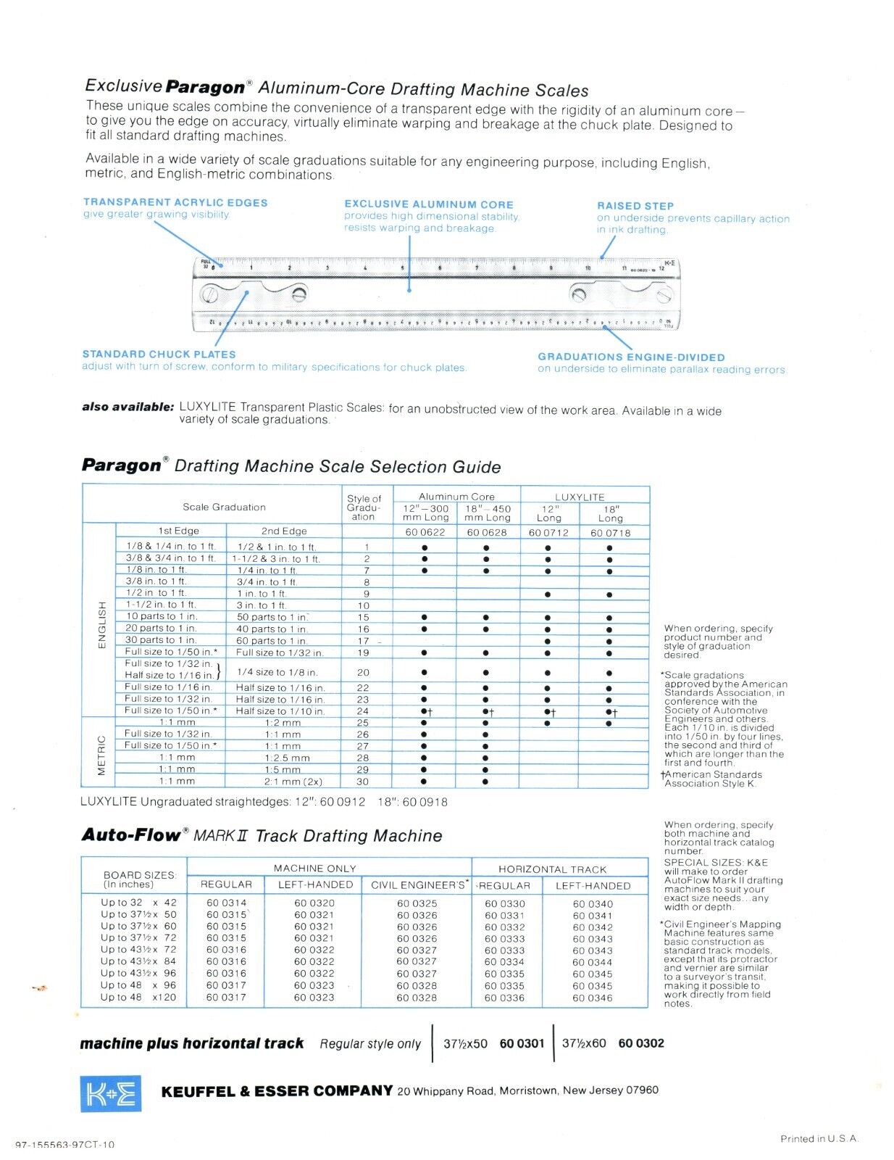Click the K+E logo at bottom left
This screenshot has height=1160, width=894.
[111, 1093]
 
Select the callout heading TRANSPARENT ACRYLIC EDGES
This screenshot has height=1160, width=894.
[175, 203]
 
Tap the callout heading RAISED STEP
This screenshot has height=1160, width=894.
[635, 206]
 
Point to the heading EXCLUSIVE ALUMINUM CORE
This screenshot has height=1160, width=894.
[429, 204]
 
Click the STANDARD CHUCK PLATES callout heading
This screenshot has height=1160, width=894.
[159, 355]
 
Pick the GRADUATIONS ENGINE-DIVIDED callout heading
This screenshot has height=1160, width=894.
[631, 357]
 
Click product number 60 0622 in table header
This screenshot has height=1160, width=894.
[425, 532]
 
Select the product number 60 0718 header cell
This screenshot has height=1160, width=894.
[610, 532]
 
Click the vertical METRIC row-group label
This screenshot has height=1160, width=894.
[101, 755]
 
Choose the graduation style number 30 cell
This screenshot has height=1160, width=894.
[363, 782]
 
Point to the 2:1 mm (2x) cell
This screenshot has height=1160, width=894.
[293, 782]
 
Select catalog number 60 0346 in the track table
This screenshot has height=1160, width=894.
[593, 998]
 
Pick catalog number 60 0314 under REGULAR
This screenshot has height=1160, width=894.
[226, 903]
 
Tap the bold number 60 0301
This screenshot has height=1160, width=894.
[522, 1043]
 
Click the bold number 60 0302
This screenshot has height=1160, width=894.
[641, 1043]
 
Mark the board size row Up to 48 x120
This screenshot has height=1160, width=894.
[138, 998]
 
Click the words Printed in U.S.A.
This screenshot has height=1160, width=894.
[819, 1139]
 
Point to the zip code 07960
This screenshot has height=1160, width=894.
[642, 1090]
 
